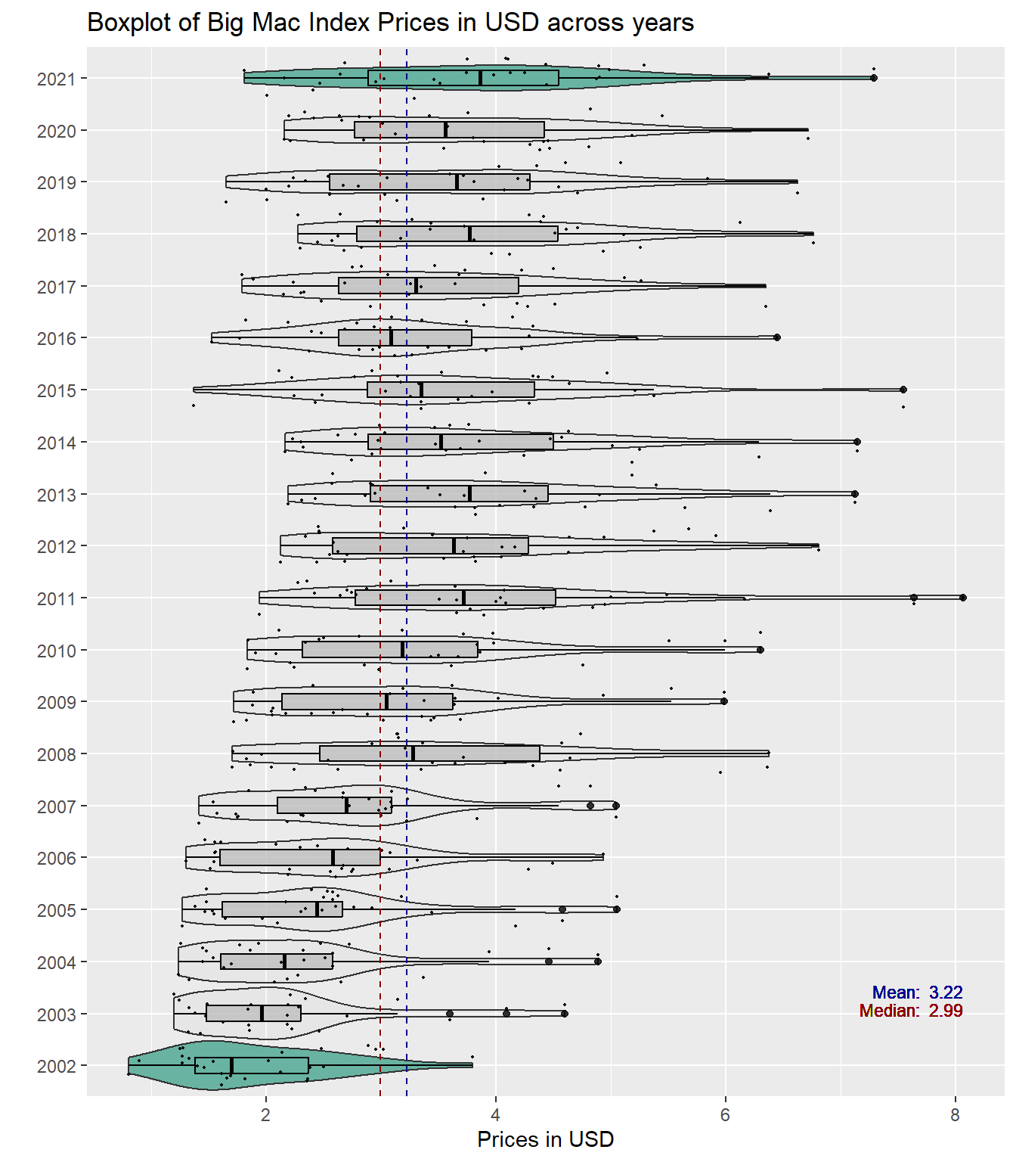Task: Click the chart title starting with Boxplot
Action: pyautogui.click(x=390, y=23)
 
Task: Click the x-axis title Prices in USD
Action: pyautogui.click(x=545, y=1139)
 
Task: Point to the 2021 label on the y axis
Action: pyautogui.click(x=57, y=79)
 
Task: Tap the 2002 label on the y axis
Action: pyautogui.click(x=57, y=1067)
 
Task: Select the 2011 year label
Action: pyautogui.click(x=57, y=599)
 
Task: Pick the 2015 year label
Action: pyautogui.click(x=57, y=391)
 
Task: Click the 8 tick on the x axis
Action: pyautogui.click(x=956, y=1115)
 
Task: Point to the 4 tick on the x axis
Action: pyautogui.click(x=496, y=1115)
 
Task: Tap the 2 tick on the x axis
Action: pyautogui.click(x=266, y=1115)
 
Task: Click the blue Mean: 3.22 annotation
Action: pyautogui.click(x=917, y=993)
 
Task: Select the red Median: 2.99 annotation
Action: pyautogui.click(x=911, y=1011)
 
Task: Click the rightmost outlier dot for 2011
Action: pyautogui.click(x=963, y=598)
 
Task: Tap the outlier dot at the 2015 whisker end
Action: pyautogui.click(x=903, y=390)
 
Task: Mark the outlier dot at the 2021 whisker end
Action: pyautogui.click(x=874, y=78)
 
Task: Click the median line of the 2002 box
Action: pyautogui.click(x=231, y=1065)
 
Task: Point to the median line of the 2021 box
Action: pyautogui.click(x=481, y=78)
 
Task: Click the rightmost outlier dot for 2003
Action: pyautogui.click(x=565, y=1014)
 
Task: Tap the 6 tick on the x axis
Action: pyautogui.click(x=726, y=1115)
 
